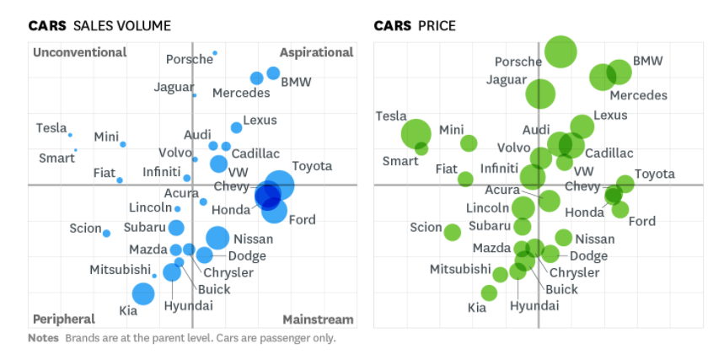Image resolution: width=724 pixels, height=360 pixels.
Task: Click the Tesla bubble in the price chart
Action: (x=416, y=133)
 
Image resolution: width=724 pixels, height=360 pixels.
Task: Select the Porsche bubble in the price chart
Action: (x=560, y=51)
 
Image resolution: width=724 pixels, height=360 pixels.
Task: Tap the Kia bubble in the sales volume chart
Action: (x=143, y=293)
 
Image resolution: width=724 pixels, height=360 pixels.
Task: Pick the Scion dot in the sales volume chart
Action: (x=106, y=233)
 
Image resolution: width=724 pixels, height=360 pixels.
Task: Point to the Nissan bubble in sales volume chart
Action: (x=217, y=239)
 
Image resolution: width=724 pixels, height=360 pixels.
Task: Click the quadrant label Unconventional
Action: (x=79, y=52)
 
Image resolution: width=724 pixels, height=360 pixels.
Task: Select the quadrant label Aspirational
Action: (x=316, y=52)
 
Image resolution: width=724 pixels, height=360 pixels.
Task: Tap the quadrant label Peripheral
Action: (x=63, y=319)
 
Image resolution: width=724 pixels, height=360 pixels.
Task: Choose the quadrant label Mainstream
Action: (x=318, y=320)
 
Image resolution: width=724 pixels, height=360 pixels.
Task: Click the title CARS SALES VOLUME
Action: (x=99, y=26)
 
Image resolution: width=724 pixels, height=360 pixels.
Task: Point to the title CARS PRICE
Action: (x=415, y=26)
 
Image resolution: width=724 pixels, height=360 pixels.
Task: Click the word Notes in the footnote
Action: (x=43, y=338)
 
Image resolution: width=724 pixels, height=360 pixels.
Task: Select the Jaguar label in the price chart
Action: (x=507, y=80)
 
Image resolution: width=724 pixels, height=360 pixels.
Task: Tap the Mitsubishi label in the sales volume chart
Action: (x=120, y=270)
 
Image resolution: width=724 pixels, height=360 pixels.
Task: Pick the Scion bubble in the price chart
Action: (x=453, y=232)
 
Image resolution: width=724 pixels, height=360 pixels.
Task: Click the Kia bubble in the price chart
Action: (x=489, y=293)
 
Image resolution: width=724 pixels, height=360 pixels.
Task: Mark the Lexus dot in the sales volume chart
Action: (x=236, y=127)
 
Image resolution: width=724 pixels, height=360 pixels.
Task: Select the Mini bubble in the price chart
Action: (x=469, y=143)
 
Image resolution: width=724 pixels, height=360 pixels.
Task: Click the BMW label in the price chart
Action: (x=647, y=61)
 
